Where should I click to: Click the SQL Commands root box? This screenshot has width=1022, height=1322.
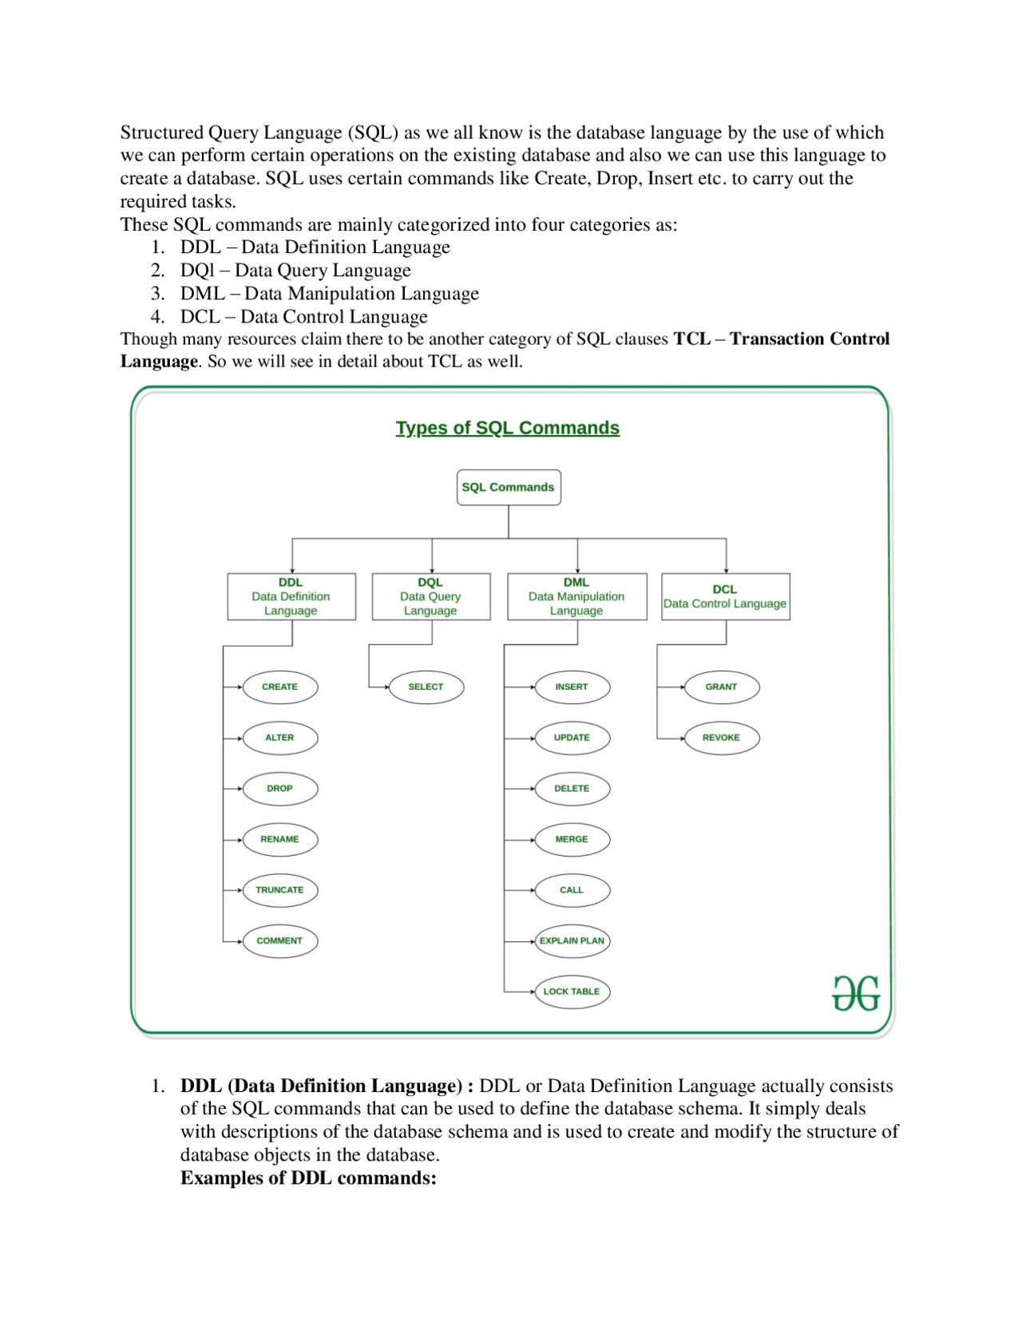(508, 487)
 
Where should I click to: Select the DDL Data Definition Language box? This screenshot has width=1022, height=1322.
(291, 596)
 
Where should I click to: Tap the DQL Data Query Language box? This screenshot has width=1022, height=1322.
(430, 596)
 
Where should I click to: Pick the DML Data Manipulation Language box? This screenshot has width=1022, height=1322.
(576, 596)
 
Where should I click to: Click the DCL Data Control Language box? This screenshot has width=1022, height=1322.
(725, 596)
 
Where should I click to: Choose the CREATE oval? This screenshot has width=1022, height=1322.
(279, 687)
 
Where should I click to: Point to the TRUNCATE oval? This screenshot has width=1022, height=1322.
(279, 890)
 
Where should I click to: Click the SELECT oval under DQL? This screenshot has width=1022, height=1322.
(426, 687)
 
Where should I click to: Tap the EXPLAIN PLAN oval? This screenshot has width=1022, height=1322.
(572, 940)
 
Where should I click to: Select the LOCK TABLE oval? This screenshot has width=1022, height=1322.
(572, 991)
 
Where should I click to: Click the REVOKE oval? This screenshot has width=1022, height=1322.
(721, 738)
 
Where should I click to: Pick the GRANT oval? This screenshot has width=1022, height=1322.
(721, 687)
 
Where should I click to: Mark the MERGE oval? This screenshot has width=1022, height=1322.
(572, 839)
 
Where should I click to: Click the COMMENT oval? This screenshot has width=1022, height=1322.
(279, 940)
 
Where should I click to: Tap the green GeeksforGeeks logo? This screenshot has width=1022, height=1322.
(855, 993)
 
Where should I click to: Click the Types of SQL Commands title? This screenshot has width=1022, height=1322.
(507, 428)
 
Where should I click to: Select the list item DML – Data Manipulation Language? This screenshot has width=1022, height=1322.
(329, 294)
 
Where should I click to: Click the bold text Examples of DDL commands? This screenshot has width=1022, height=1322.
(308, 1178)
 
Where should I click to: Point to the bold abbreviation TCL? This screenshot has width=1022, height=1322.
(691, 338)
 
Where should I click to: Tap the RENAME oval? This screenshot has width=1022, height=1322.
(279, 839)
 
